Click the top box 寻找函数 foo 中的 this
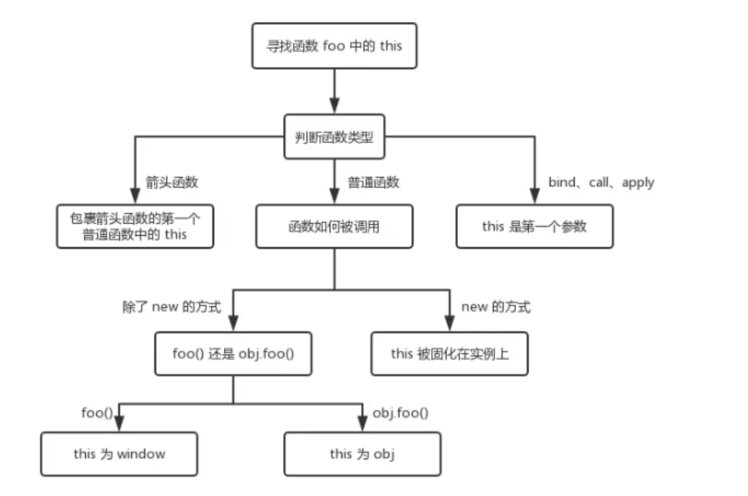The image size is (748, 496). pos(335,45)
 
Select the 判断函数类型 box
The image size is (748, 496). pos(334,136)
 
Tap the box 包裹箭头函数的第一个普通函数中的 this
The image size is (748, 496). pos(135,226)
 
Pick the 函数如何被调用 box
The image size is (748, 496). pos(334,226)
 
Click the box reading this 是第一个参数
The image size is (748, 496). pos(534,226)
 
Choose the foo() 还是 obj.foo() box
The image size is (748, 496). pos(233,354)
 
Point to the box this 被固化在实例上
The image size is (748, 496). pos(449,354)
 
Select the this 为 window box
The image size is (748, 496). pos(119,454)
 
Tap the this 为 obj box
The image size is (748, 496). pos(362,454)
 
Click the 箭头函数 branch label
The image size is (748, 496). pos(172,183)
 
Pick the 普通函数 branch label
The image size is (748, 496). pos(373,183)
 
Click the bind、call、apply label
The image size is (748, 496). pos(601,183)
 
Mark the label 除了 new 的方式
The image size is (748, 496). pos(171,307)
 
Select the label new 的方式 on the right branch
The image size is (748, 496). pos(496,307)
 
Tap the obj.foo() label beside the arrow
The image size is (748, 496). pos(400,413)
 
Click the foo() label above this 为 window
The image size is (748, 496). pos(97,413)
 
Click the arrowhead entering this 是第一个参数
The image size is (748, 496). pos(535,197)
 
